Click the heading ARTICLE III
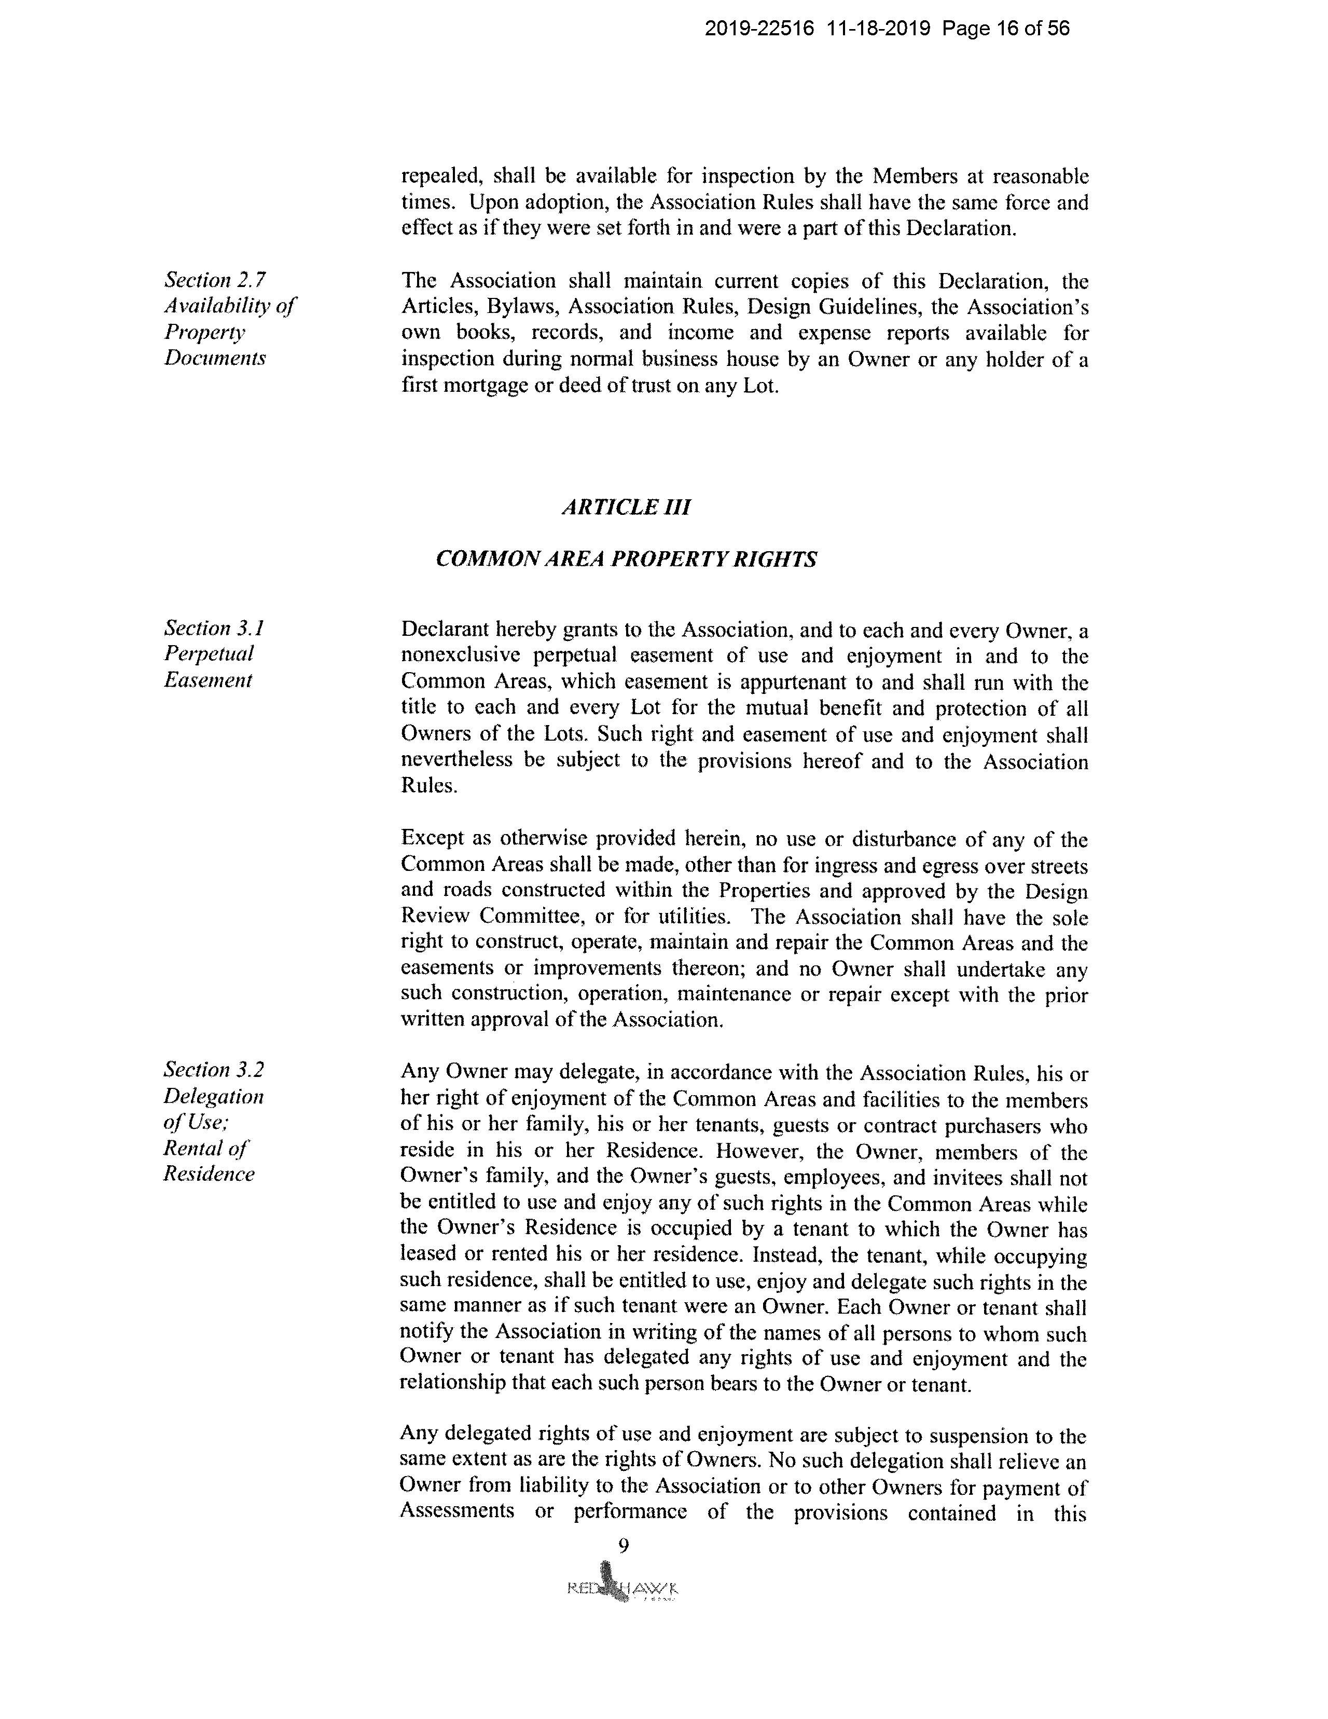626,507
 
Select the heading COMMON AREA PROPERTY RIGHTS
626,559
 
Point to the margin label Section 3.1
214,628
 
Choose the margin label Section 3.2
214,1070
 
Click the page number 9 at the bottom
623,1547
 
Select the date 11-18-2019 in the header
879,29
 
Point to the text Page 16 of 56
1005,29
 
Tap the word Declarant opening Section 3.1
445,630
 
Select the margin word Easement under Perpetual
208,680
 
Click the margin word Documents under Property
215,358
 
